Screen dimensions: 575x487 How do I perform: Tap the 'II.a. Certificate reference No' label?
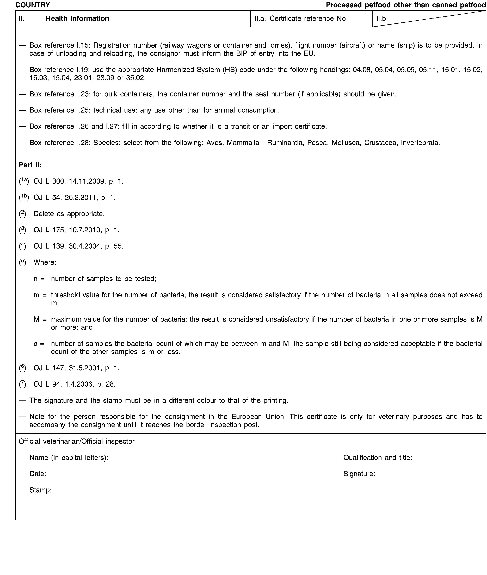(x=300, y=18)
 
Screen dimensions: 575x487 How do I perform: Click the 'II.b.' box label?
(x=382, y=18)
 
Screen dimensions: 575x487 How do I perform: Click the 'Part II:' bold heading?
(x=30, y=165)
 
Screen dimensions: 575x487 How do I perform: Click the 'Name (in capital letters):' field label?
(x=69, y=458)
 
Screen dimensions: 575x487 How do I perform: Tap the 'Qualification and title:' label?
(x=378, y=458)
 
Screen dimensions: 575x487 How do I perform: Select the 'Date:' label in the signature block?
(x=38, y=474)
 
